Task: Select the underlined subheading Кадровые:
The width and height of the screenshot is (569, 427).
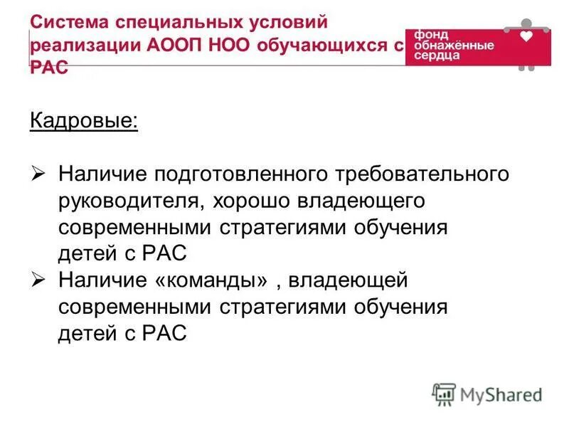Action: click(84, 120)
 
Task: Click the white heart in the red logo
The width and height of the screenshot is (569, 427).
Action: click(526, 36)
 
